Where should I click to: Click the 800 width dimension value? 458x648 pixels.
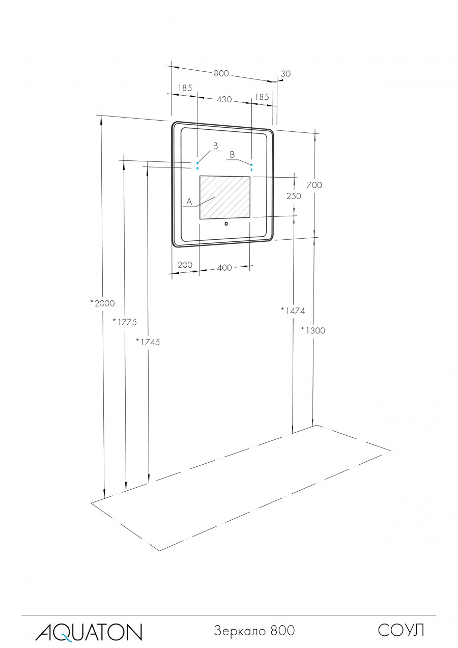tap(220, 73)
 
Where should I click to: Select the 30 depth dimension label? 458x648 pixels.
tap(285, 74)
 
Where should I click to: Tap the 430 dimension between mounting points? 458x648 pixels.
tap(224, 99)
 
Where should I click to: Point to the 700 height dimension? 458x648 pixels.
tap(314, 185)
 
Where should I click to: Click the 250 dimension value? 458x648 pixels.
tap(294, 195)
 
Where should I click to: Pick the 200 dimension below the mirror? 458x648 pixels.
tap(185, 265)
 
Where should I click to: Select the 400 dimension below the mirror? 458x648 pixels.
tap(224, 268)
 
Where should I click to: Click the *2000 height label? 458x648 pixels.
tap(102, 303)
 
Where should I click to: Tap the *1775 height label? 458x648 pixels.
tap(125, 322)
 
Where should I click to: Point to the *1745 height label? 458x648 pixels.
tap(148, 342)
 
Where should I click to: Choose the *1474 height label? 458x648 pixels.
tap(293, 310)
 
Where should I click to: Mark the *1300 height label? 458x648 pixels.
tap(312, 330)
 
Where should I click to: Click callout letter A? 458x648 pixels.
tap(189, 202)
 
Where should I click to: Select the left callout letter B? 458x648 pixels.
tap(215, 146)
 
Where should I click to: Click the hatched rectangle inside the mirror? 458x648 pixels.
tap(225, 198)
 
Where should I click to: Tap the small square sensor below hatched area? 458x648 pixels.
tap(225, 222)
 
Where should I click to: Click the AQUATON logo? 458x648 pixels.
tap(89, 632)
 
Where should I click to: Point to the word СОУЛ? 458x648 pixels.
tap(400, 631)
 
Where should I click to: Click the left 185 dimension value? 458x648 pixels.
tap(185, 88)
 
